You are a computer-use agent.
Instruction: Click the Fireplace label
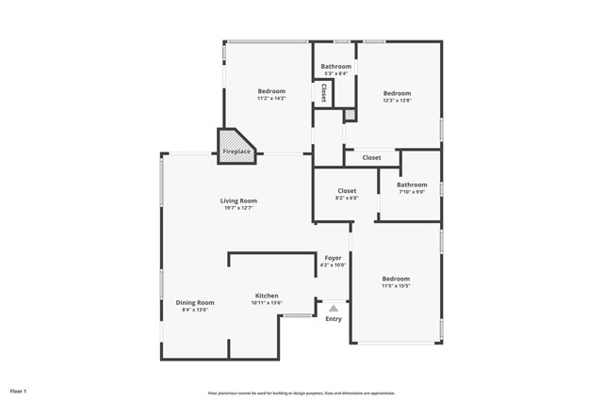pos(236,152)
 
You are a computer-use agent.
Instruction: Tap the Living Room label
pos(238,200)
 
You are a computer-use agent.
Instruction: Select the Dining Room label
pos(195,302)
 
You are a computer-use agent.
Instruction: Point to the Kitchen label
pos(267,296)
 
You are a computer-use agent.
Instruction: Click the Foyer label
pos(334,258)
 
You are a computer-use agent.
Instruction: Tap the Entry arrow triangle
pos(334,307)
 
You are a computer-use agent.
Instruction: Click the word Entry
pos(334,319)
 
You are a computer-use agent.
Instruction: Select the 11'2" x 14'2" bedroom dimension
pos(271,98)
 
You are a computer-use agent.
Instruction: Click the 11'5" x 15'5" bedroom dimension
pos(396,285)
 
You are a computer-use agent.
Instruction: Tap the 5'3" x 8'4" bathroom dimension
pos(335,73)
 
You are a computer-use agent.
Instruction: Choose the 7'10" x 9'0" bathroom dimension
pos(412,192)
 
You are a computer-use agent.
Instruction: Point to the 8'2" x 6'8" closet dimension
pos(347,198)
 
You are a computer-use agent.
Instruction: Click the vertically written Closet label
pos(323,92)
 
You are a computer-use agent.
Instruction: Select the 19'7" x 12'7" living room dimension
pos(238,208)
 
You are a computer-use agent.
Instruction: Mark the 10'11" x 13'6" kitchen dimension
pos(267,303)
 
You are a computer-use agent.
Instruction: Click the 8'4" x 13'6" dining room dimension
pos(195,310)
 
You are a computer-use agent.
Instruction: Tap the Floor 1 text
pos(18,391)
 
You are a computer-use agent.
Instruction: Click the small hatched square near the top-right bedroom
pos(350,115)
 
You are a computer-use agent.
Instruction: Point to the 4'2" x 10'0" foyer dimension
pos(334,265)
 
